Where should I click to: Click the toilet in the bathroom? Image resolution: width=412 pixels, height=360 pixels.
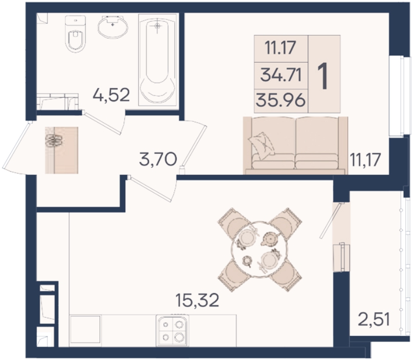(76, 33)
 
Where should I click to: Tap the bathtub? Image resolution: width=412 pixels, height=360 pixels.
(157, 60)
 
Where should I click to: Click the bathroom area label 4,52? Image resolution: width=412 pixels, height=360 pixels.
(111, 95)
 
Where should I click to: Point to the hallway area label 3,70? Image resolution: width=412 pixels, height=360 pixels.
(158, 159)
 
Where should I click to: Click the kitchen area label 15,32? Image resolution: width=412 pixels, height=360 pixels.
(197, 300)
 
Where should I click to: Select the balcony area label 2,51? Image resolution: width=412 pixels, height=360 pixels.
(374, 319)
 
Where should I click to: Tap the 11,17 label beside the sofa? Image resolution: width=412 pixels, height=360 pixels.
(365, 159)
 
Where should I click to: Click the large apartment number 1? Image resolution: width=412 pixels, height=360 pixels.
(323, 77)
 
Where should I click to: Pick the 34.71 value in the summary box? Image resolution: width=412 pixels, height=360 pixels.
(281, 76)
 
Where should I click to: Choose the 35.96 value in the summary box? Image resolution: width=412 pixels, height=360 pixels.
(280, 100)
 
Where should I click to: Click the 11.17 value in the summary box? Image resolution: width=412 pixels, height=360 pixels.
(280, 48)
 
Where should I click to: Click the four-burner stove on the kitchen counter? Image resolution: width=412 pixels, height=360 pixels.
(172, 330)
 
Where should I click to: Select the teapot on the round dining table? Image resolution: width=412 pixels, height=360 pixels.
(269, 238)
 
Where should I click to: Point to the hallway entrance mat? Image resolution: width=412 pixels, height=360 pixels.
(62, 150)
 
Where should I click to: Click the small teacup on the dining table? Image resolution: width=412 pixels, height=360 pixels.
(247, 261)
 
